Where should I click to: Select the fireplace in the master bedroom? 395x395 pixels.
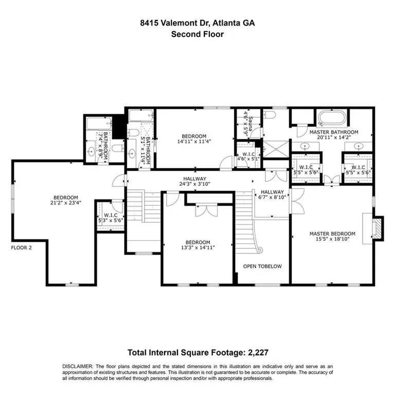(377, 228)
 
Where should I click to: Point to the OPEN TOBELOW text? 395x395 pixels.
(262, 266)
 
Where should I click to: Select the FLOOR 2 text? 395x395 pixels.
(22, 247)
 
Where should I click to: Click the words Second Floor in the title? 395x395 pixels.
(197, 34)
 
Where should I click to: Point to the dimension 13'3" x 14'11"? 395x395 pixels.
(197, 248)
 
